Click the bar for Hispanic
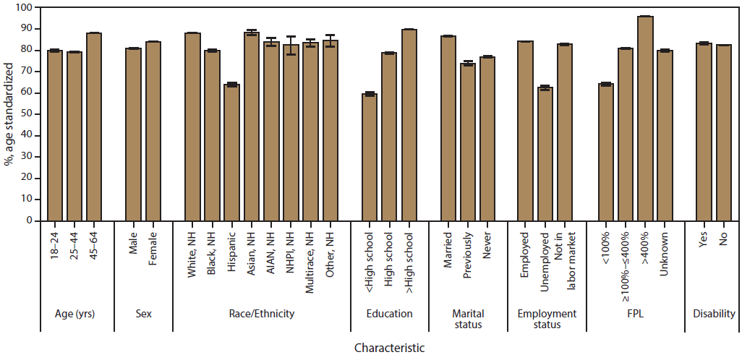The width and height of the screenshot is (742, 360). (x=232, y=153)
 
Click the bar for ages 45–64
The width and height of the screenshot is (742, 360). (x=94, y=127)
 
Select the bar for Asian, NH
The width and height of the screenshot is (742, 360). (x=252, y=127)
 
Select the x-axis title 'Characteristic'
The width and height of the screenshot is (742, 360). (x=389, y=348)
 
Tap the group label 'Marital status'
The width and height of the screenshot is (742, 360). (x=467, y=319)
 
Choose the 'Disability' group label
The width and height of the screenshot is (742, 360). (x=714, y=314)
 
